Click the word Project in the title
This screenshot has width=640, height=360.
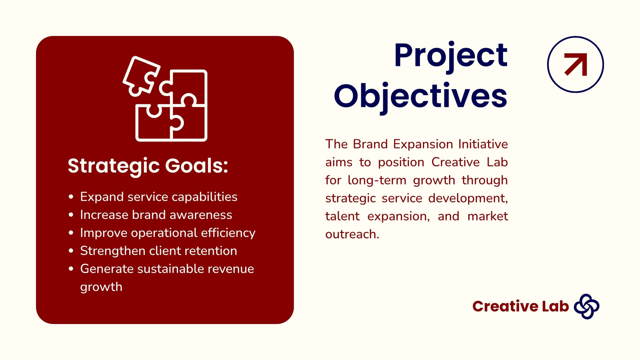[450, 56]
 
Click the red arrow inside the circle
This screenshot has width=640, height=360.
[576, 64]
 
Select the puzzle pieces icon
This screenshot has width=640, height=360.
[165, 98]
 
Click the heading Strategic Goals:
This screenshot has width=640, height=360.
[148, 166]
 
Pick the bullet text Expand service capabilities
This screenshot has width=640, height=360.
[158, 197]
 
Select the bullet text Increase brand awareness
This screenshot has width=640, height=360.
[156, 215]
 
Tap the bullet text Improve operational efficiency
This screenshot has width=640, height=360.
[168, 233]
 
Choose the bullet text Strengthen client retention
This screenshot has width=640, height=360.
[158, 251]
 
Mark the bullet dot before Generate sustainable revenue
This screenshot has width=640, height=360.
[71, 268]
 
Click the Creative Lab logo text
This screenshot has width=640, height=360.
[520, 306]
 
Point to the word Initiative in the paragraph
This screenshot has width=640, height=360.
[483, 144]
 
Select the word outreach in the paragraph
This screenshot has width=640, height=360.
[352, 234]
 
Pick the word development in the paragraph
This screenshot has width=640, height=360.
[468, 198]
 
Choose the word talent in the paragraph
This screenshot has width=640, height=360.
[342, 216]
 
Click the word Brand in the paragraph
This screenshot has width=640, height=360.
[370, 144]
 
